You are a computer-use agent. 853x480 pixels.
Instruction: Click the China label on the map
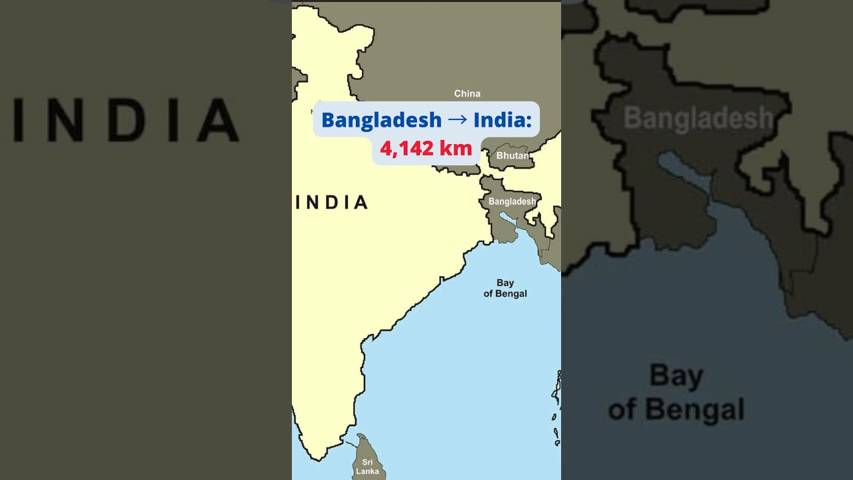pos(467,93)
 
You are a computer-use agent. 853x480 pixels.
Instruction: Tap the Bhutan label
pos(512,156)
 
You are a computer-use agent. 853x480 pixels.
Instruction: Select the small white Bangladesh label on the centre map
pos(512,201)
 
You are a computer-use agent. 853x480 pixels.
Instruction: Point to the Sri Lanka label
pos(367,467)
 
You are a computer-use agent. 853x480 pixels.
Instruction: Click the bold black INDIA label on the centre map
pos(332,202)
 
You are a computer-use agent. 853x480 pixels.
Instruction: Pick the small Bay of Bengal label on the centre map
pos(505,288)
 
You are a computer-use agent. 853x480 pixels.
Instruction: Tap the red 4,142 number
pos(407,149)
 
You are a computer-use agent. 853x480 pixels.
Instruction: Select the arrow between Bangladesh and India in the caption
pos(457,120)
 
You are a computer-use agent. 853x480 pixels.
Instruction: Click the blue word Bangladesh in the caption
pos(381,120)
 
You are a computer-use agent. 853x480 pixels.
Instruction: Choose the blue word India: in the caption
pos(502,120)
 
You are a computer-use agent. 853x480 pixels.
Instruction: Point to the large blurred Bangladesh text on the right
pos(698,119)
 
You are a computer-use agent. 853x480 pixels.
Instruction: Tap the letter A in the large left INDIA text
pos(220,120)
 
